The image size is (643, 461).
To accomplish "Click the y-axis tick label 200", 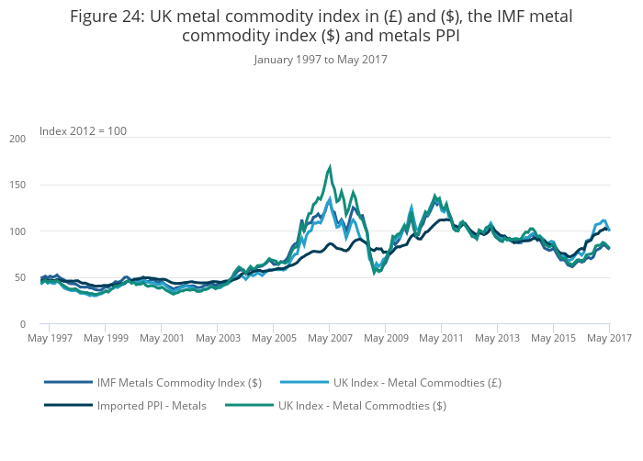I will (17, 139).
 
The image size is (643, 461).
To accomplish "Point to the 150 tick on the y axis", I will (17, 185).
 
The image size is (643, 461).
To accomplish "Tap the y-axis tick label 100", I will (17, 231).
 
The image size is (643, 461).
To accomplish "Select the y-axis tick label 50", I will (19, 278).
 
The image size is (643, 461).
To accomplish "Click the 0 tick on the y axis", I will (22, 324).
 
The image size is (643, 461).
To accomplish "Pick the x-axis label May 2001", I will (161, 339).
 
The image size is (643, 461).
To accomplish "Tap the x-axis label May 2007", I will (330, 339).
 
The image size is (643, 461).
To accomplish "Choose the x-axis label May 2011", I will (442, 339).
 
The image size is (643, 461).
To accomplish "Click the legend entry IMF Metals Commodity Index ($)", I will (179, 382).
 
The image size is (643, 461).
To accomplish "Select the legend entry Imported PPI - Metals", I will (152, 404).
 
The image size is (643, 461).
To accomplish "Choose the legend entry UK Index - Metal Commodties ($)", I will (362, 404).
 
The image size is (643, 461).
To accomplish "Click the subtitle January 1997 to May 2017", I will (321, 60).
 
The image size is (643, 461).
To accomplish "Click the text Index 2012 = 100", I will (83, 131).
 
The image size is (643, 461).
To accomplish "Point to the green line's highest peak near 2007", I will (329, 167).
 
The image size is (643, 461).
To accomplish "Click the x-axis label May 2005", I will (274, 339).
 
